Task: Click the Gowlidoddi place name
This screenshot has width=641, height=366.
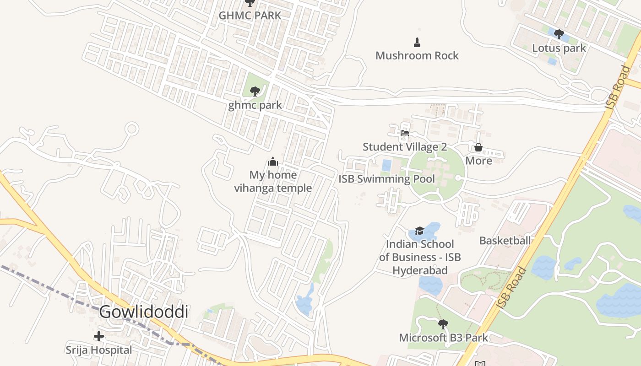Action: [144, 312]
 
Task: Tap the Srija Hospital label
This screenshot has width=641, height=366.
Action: [98, 350]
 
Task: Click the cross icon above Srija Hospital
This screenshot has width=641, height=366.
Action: [98, 337]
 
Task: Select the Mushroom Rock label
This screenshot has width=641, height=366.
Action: [417, 55]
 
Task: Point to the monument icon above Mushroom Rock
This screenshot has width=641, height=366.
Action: [417, 43]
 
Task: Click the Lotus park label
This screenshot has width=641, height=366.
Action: [559, 48]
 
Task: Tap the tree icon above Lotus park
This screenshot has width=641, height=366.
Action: [559, 34]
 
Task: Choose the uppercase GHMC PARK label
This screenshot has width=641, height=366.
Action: [250, 15]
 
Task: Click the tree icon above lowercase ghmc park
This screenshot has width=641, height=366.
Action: [255, 91]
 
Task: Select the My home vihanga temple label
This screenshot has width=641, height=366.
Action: [273, 181]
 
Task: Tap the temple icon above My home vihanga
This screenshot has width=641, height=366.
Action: [273, 161]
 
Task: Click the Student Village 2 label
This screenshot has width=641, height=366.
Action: [404, 147]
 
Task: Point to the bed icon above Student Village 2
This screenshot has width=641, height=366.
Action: [404, 133]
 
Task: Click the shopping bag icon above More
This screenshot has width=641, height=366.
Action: [478, 147]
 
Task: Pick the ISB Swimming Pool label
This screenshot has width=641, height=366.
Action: [386, 178]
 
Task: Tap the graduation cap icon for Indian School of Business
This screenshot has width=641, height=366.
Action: [419, 230]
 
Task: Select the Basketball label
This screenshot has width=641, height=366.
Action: [505, 240]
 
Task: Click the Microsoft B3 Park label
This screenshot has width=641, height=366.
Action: [443, 338]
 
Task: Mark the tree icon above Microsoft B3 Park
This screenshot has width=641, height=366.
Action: [443, 324]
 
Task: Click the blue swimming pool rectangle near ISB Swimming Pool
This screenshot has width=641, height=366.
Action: [386, 165]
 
